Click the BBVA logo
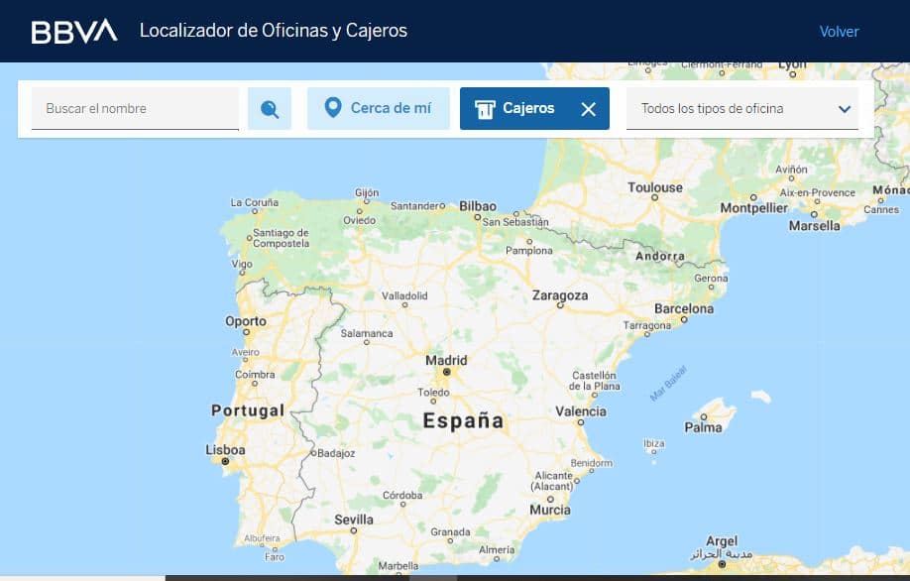[x=74, y=31]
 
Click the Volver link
[x=839, y=31]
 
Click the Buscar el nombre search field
[x=135, y=108]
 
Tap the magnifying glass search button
[x=270, y=109]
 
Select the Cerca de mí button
[x=379, y=108]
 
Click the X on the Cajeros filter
[x=588, y=109]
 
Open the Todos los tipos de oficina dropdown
[x=742, y=108]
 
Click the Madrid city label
[x=446, y=361]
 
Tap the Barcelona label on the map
[x=683, y=308]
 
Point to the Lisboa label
[x=225, y=450]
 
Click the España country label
[x=463, y=420]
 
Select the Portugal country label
[x=248, y=409]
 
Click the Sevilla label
[x=354, y=520]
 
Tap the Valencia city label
[x=581, y=411]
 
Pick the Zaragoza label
[x=560, y=295]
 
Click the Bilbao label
[x=477, y=206]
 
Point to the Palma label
[x=703, y=427]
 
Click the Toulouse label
[x=655, y=187]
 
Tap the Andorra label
[x=660, y=256]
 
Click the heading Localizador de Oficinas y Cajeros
[x=274, y=31]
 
